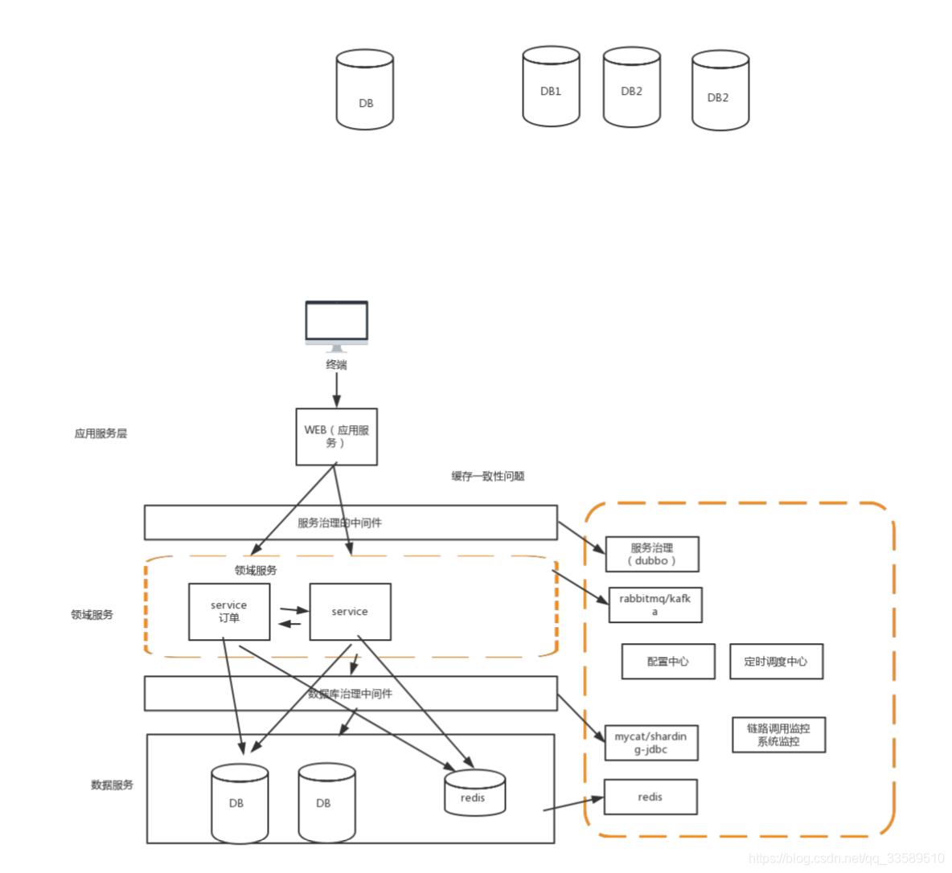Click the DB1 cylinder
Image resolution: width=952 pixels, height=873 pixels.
551,87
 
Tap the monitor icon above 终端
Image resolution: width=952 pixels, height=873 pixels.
336,323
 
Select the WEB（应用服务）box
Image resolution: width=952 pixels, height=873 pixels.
336,436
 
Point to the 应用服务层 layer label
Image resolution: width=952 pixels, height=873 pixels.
101,433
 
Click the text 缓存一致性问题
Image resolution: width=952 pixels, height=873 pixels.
487,476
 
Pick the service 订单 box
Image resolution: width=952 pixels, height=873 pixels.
229,612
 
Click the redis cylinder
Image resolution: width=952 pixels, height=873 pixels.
474,793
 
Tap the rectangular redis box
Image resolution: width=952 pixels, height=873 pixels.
650,797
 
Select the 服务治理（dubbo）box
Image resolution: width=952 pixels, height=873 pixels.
651,554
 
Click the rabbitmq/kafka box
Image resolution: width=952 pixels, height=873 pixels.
654,605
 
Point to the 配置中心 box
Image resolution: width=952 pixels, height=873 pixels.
667,662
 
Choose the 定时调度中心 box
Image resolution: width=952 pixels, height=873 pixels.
776,662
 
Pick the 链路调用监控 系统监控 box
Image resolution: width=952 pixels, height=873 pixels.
778,735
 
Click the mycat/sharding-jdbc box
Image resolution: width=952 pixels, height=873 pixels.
650,743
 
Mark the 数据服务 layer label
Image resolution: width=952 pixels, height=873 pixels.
112,785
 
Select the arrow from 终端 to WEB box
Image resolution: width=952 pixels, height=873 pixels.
336,390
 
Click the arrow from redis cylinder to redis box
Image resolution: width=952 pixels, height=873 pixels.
572,804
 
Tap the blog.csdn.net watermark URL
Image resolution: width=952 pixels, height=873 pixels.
846,859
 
